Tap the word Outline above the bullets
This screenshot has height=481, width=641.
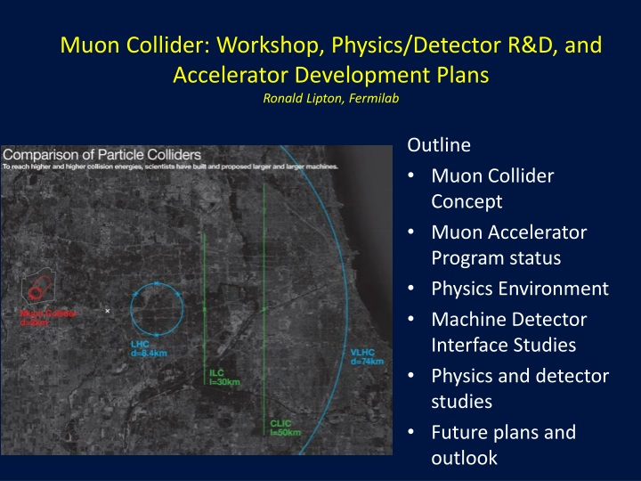click(x=438, y=143)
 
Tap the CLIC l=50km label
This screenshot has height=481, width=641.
click(x=286, y=427)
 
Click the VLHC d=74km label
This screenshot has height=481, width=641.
click(x=367, y=356)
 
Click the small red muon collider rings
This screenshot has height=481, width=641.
click(x=37, y=291)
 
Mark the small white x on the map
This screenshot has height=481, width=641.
click(x=107, y=311)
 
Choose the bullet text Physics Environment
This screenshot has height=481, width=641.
click(x=519, y=289)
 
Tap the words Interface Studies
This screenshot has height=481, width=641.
click(x=503, y=345)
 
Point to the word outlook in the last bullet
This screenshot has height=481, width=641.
click(x=464, y=459)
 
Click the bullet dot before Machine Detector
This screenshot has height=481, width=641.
click(x=411, y=318)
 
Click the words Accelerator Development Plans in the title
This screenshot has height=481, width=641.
click(x=330, y=74)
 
